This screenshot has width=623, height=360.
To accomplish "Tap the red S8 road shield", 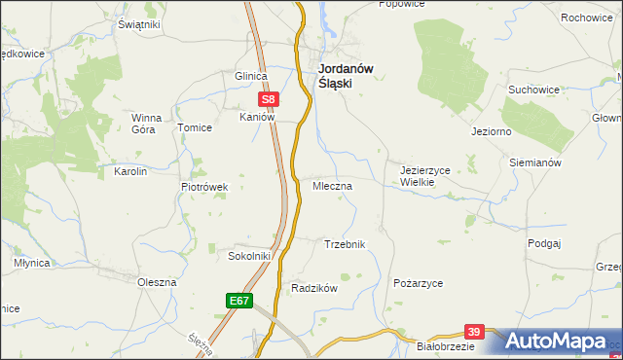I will (x=270, y=98).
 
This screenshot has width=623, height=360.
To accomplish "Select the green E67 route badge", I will (x=240, y=302).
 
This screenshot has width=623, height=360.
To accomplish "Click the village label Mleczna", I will (x=332, y=184).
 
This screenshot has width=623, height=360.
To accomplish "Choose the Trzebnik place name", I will (x=344, y=244).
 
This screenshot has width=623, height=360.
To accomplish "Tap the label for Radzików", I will (x=313, y=288).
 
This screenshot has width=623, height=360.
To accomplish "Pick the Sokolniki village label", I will (x=248, y=256).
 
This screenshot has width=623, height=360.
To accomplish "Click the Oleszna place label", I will (x=156, y=281).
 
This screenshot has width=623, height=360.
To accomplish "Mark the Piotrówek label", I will (x=204, y=187).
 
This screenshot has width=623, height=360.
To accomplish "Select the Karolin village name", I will (x=130, y=171).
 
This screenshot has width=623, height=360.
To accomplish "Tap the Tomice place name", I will (x=193, y=127).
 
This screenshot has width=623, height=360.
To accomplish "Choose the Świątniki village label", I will (x=138, y=23).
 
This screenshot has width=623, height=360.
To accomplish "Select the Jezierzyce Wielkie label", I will (x=424, y=175).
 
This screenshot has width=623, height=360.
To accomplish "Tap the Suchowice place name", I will (x=533, y=90).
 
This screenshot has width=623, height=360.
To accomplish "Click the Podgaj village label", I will (x=545, y=243).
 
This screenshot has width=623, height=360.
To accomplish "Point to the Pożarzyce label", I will (x=419, y=282).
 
